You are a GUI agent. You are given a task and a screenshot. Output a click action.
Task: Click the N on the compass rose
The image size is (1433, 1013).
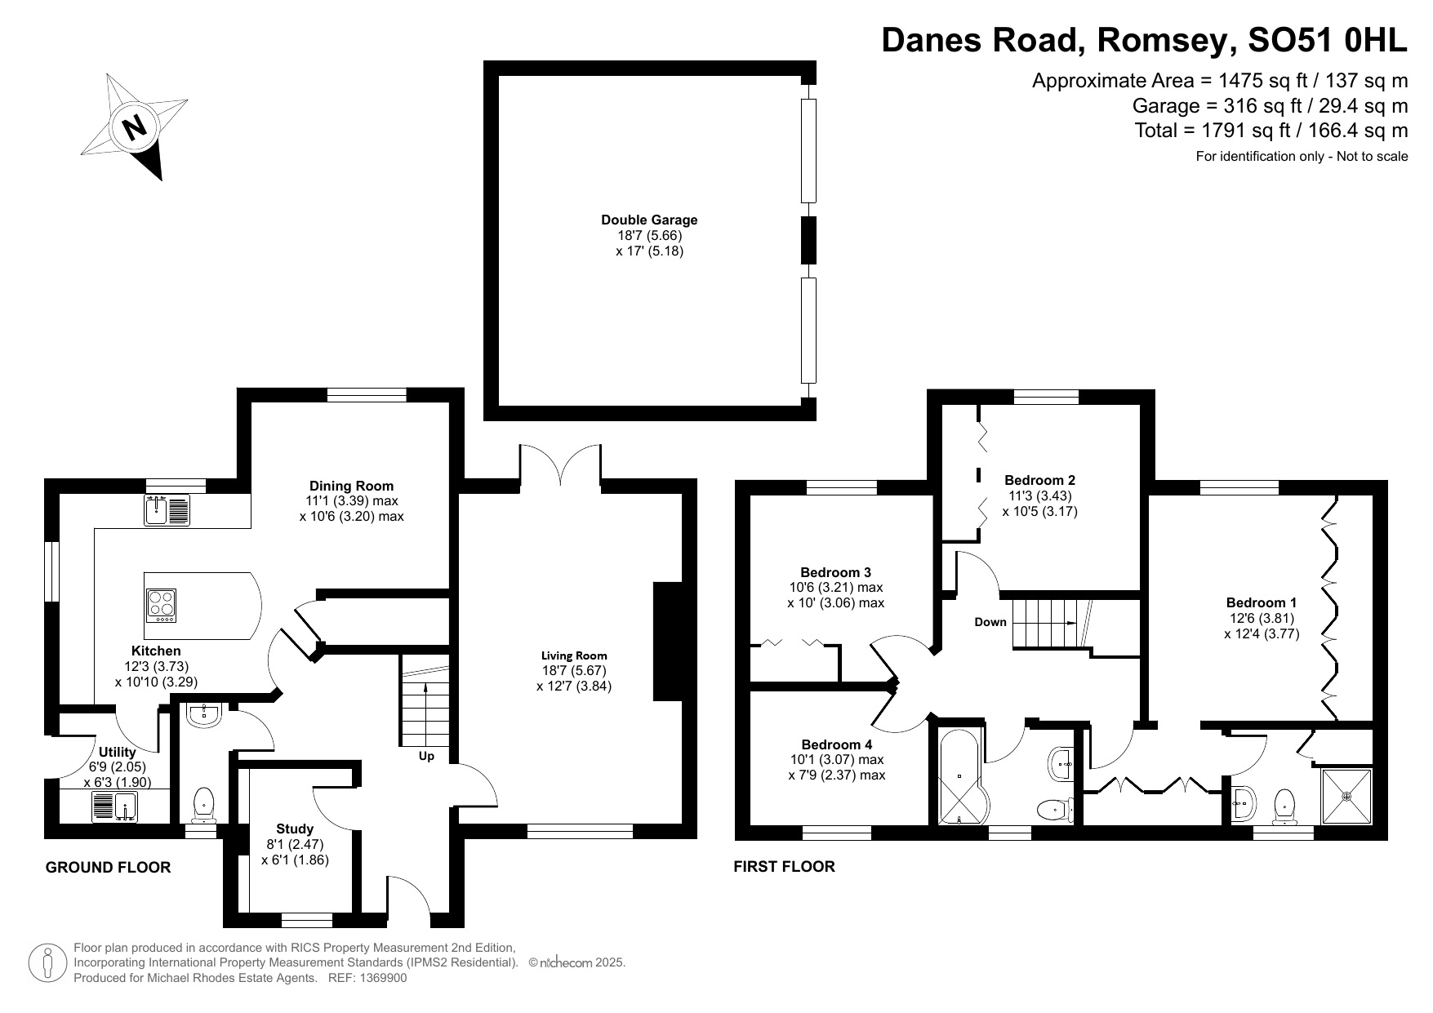[134, 127]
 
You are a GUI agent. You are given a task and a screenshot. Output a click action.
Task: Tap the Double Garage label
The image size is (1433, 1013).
[649, 220]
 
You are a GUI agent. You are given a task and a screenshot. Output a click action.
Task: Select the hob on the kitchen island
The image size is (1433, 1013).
[162, 606]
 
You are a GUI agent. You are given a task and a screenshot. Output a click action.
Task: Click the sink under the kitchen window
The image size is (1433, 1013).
[167, 510]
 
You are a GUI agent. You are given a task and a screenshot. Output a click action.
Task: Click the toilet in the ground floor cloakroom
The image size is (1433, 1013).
[202, 804]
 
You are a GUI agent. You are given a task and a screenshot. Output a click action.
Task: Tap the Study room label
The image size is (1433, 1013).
[295, 829]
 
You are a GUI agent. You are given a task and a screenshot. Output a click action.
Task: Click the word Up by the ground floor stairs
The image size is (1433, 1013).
[426, 756]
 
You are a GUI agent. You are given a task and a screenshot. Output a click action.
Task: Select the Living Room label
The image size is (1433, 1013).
[574, 655]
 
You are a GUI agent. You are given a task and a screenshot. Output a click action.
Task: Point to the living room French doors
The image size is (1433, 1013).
[560, 465]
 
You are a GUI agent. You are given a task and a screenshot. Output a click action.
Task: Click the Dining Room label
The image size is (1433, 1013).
[351, 486]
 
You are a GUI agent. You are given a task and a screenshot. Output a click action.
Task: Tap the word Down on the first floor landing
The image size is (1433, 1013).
[990, 622]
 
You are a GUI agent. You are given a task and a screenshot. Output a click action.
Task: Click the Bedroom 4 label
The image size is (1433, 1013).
[836, 744]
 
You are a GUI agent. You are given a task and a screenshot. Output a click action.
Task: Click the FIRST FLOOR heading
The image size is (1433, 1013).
[784, 867]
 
